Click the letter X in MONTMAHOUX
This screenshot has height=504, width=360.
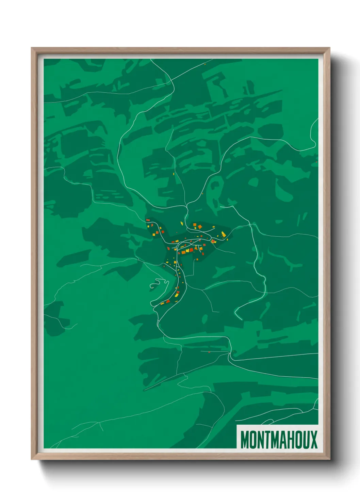pyautogui.click(x=313, y=440)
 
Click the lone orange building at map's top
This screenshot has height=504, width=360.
pyautogui.click(x=205, y=63)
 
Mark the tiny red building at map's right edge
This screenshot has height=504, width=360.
pyautogui.click(x=316, y=162)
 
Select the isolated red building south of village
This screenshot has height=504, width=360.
pyautogui.click(x=209, y=352)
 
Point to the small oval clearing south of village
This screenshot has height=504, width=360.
pyautogui.click(x=204, y=319)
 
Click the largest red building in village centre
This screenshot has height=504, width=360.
pyautogui.click(x=191, y=250)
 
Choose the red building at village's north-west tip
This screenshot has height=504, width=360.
pyautogui.click(x=148, y=220)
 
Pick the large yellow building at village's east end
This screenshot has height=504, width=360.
pyautogui.click(x=223, y=234)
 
